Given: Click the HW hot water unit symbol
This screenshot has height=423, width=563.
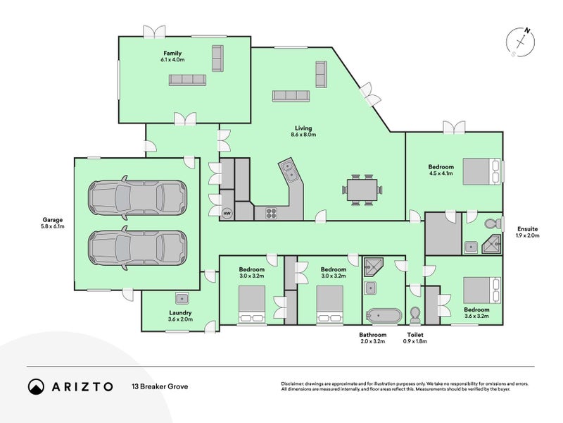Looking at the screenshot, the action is (227, 214).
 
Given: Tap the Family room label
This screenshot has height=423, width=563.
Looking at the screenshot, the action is (172, 54).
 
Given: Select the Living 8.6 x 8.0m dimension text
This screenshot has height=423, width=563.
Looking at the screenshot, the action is (303, 135).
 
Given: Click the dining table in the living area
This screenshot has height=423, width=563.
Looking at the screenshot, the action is (362, 190).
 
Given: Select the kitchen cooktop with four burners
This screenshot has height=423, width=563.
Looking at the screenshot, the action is (272, 214).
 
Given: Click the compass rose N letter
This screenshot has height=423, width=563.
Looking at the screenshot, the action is (526, 30).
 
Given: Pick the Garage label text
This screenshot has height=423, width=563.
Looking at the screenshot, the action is (52, 220).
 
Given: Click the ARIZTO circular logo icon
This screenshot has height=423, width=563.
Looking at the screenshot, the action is (36, 386).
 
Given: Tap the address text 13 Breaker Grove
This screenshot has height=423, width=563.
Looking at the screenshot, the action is (160, 386).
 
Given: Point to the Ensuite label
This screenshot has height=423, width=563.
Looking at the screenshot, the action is (527, 228).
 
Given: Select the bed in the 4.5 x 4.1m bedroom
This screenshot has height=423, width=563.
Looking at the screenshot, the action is (481, 171).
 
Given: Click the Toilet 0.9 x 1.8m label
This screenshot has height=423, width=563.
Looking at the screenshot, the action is (415, 338).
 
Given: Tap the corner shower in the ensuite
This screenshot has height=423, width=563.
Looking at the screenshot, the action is (491, 245).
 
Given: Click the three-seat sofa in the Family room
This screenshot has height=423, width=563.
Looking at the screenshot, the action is (187, 80).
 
